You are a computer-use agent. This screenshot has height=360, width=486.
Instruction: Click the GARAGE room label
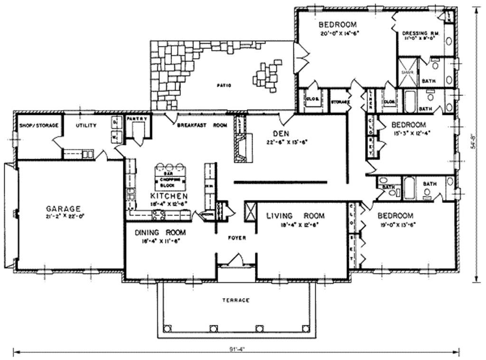coord(63,208)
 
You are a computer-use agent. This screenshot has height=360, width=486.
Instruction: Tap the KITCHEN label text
coord(168,196)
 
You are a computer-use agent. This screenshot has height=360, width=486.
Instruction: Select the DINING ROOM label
coord(160,233)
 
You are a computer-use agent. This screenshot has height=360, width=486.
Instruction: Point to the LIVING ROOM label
coord(295,216)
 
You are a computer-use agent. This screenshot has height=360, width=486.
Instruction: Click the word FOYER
coord(236,237)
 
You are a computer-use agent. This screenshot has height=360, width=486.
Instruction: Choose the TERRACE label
coord(236,300)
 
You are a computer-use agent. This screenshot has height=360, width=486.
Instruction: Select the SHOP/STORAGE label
coord(38,125)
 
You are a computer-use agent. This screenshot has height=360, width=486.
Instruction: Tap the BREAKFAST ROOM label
coord(202,125)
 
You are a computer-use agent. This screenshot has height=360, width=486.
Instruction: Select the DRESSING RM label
coord(420,33)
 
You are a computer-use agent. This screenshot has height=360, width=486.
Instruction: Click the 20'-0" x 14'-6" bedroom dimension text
coord(338,33)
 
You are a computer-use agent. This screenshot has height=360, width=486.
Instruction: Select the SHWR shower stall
coord(407,73)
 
